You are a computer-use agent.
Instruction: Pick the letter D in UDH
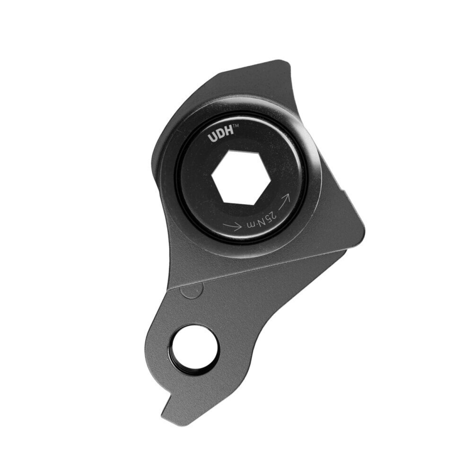coord(220,137)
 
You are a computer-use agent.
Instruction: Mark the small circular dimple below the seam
coord(192,290)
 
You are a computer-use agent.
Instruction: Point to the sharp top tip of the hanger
coord(286,61)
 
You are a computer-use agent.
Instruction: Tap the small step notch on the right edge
coord(345,191)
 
